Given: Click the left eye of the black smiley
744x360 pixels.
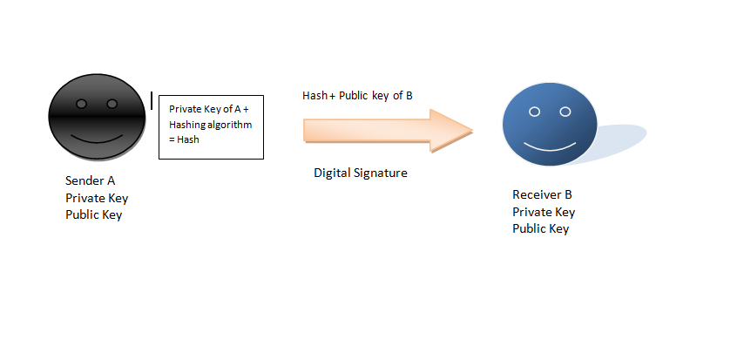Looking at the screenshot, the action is [82, 104].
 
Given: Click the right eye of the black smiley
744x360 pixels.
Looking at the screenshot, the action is [112, 104].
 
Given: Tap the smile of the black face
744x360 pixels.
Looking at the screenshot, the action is [97, 139].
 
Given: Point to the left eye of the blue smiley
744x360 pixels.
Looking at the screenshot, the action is [535, 112].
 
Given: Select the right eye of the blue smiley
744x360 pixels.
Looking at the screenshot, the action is [565, 112].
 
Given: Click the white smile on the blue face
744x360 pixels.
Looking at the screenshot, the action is [550, 147].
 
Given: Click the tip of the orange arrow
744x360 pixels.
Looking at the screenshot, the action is [473, 131].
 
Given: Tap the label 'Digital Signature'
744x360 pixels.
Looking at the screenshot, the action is [361, 173].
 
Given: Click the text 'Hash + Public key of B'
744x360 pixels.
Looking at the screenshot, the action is [357, 96].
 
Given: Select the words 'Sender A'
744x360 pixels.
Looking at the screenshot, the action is [90, 180].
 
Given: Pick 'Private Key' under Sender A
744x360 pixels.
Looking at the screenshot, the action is [97, 198].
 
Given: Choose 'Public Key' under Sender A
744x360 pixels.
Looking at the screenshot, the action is [94, 214].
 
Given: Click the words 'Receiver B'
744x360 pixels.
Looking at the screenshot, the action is [543, 194].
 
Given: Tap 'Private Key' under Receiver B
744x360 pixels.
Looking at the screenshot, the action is [544, 212].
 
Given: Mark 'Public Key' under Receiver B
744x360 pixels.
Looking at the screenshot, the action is [541, 229].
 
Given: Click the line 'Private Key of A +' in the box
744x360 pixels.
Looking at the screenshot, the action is [209, 109].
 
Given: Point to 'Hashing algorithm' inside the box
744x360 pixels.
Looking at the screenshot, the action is [210, 125].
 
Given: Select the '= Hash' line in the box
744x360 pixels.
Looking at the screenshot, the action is [184, 139].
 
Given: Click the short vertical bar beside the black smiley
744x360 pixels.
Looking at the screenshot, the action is [152, 101].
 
